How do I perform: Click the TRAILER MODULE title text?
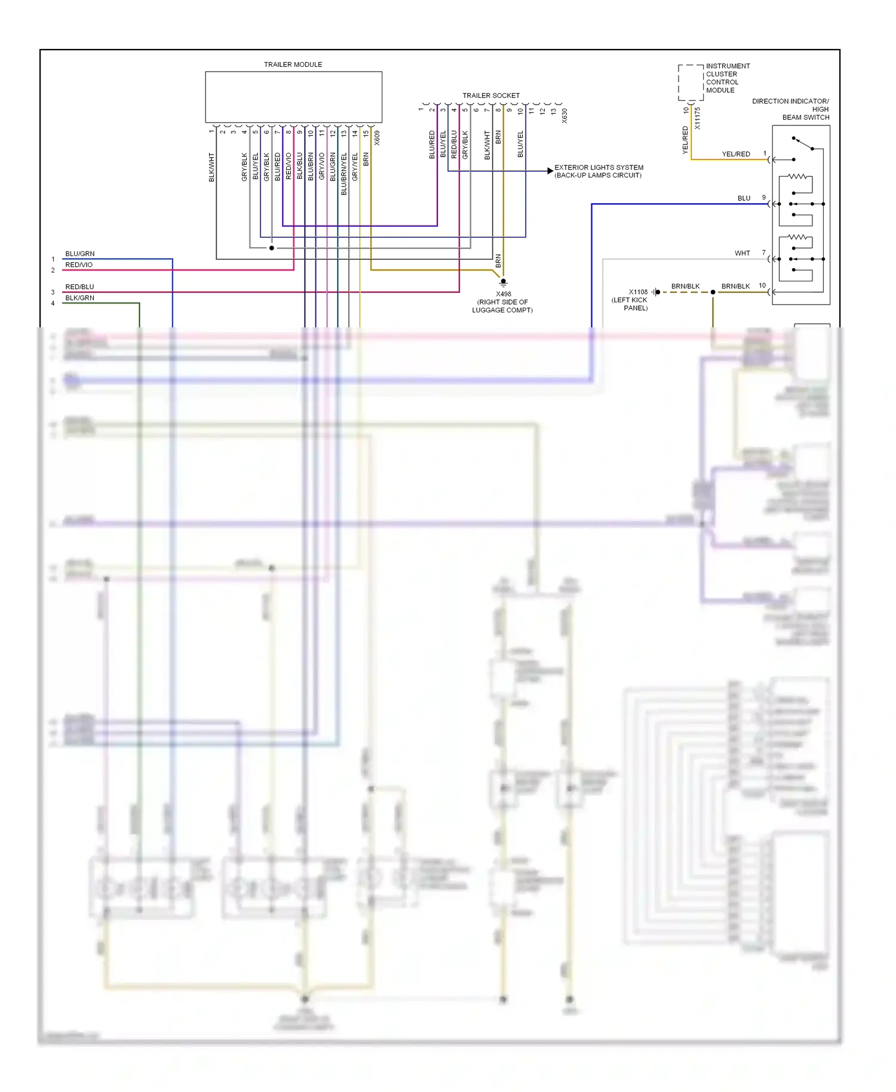click(x=293, y=65)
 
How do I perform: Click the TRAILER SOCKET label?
click(x=490, y=96)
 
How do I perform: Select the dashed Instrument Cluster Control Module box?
click(x=691, y=82)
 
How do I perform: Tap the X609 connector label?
click(x=377, y=138)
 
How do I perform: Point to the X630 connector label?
click(x=564, y=116)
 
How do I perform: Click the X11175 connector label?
click(x=697, y=118)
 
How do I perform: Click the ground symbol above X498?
click(x=503, y=282)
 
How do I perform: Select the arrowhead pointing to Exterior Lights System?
click(x=550, y=171)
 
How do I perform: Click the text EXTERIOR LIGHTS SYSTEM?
click(x=599, y=167)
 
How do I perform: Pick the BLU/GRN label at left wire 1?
click(x=79, y=254)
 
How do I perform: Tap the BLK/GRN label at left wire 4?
click(x=79, y=298)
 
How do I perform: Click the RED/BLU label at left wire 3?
click(x=79, y=287)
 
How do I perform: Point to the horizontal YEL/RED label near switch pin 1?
click(x=735, y=154)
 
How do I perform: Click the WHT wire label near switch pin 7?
click(x=742, y=253)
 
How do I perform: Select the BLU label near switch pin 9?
click(x=744, y=198)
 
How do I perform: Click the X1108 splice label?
click(x=637, y=292)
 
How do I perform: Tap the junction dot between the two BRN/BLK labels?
click(x=713, y=292)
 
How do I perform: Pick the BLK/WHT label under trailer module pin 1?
click(x=211, y=167)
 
